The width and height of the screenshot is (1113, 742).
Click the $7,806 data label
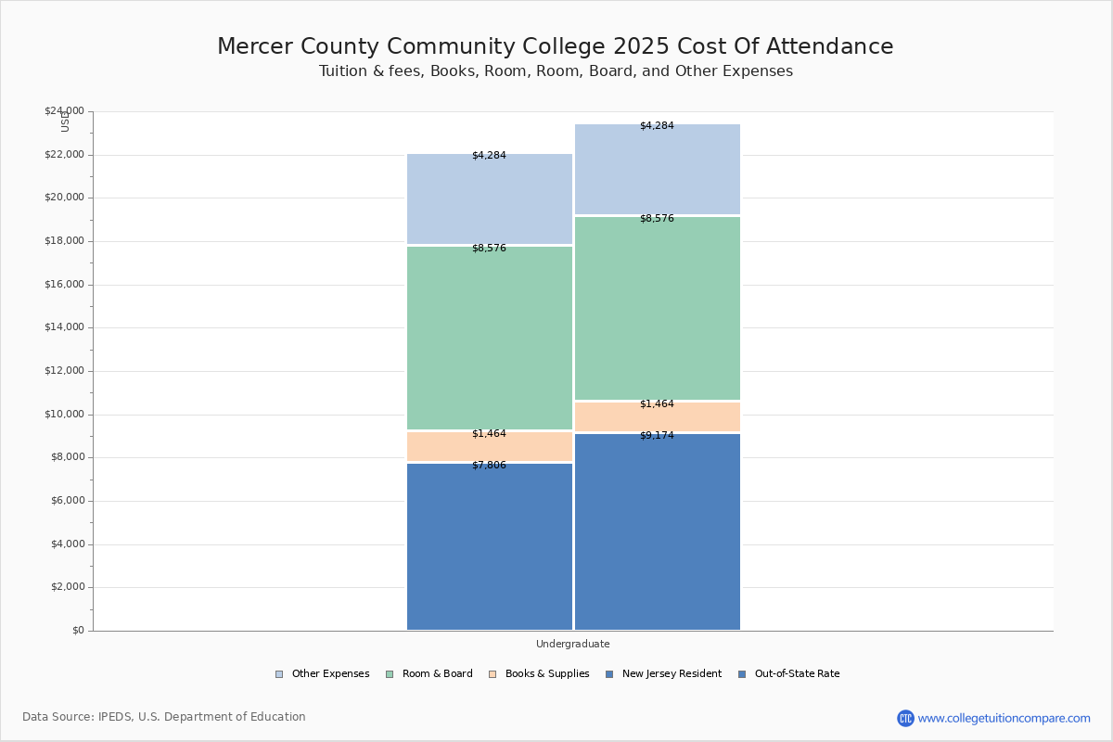click(x=489, y=465)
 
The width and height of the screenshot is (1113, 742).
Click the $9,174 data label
click(x=657, y=435)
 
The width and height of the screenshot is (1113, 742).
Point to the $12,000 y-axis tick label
click(x=64, y=371)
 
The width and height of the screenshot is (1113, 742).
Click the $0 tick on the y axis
click(x=77, y=631)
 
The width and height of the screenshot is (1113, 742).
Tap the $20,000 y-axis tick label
click(x=64, y=198)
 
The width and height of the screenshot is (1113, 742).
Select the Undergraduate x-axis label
click(x=572, y=644)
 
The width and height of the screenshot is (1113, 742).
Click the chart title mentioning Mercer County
click(x=555, y=47)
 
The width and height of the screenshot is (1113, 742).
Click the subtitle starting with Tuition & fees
click(x=556, y=71)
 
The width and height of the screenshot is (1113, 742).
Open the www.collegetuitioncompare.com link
click(x=1004, y=718)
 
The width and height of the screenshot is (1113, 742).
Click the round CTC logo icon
click(x=905, y=718)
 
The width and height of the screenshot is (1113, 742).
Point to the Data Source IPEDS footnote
click(x=164, y=717)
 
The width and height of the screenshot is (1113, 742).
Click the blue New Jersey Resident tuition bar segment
click(x=490, y=547)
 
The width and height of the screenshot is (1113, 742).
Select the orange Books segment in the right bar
click(x=657, y=417)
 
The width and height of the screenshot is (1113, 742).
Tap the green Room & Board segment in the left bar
click(x=490, y=339)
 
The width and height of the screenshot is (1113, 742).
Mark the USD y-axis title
click(x=65, y=121)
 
